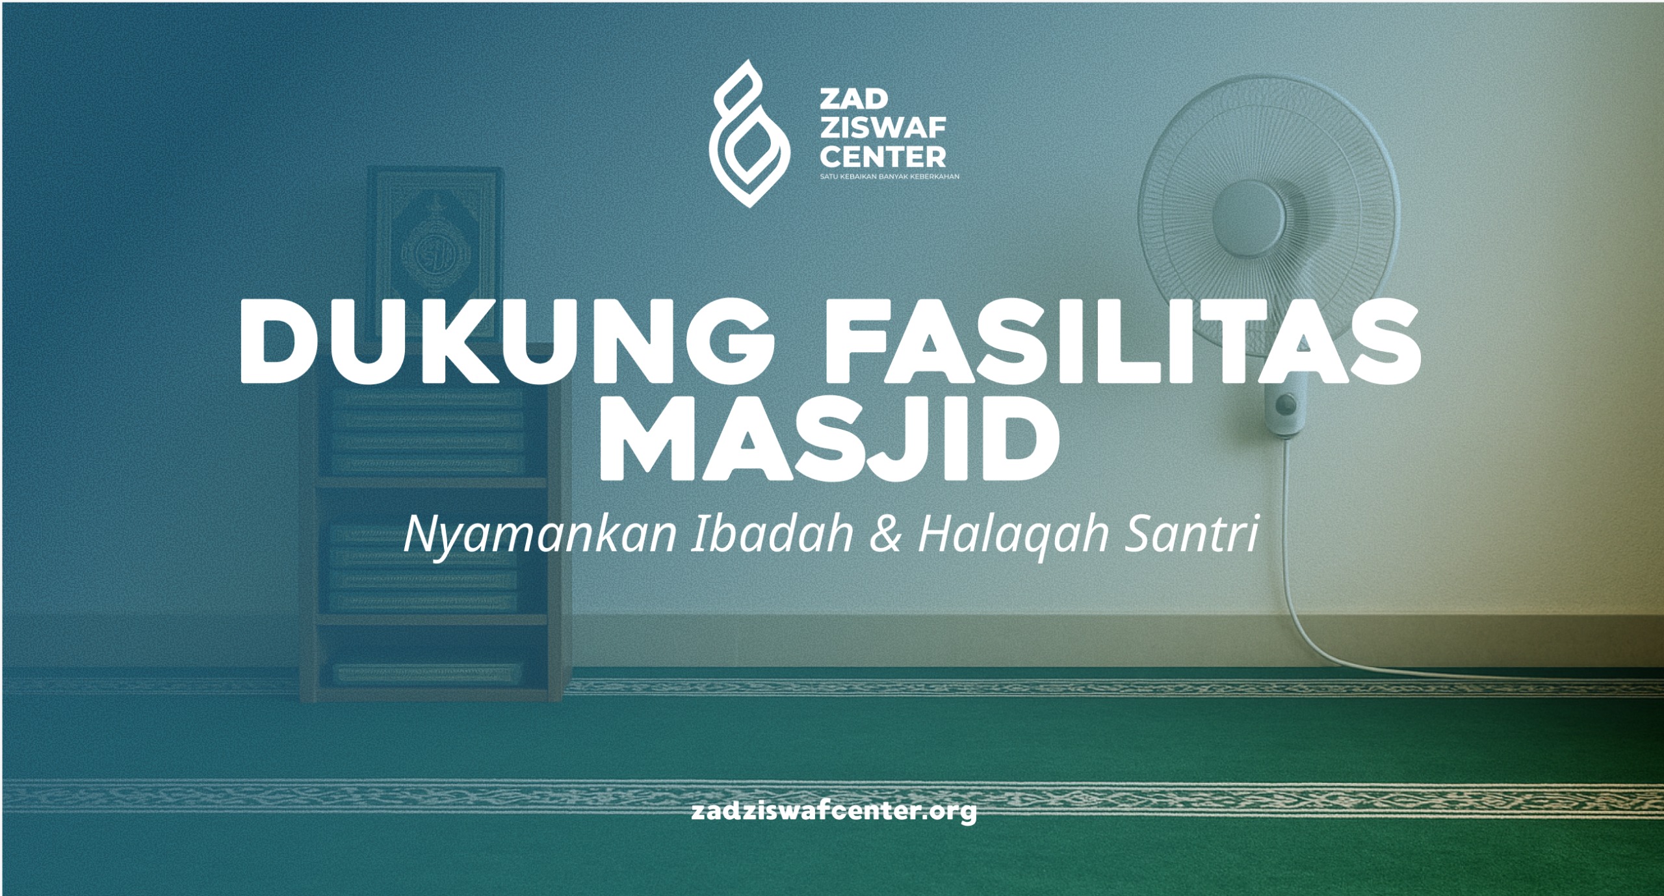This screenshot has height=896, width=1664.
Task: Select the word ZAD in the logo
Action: [845, 101]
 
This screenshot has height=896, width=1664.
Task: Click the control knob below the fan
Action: [1284, 405]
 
